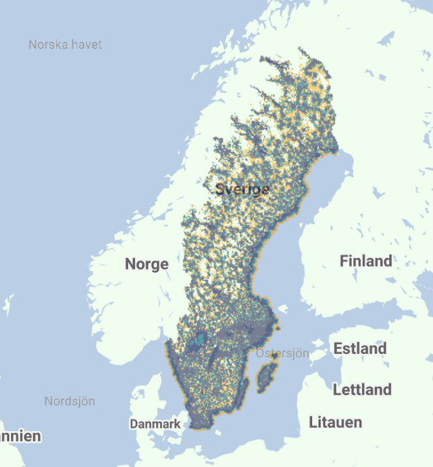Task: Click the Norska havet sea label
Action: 65,44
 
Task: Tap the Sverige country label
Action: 242,189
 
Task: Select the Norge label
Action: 146,264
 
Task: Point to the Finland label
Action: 366,261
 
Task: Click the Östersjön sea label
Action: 282,353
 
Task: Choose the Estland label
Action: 360,348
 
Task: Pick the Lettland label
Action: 362,389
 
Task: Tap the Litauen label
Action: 335,422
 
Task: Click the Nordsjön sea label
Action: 70,400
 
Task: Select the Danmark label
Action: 155,424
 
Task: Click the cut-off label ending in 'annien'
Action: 20,436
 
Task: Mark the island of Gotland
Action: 267,378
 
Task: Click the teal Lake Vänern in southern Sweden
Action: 197,340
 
